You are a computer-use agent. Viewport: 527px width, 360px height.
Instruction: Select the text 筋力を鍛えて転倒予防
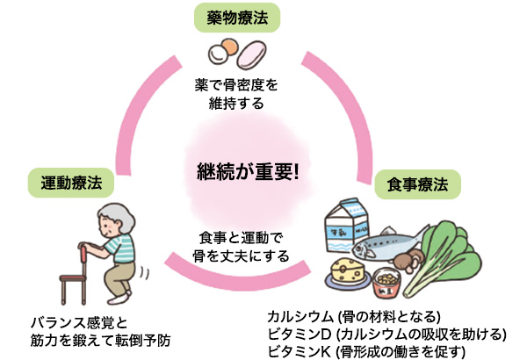pyautogui.click(x=97, y=335)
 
